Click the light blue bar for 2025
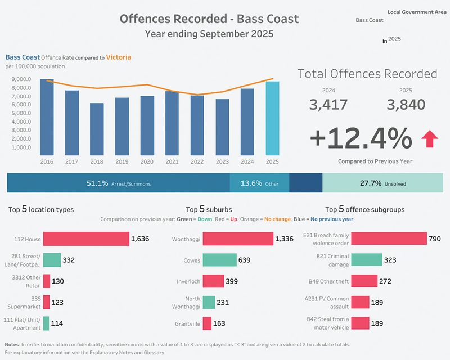click(x=273, y=118)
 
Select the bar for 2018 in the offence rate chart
click(x=97, y=129)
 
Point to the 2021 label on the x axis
click(x=172, y=161)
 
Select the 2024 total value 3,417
click(x=328, y=105)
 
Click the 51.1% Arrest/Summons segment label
click(x=119, y=183)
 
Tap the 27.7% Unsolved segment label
click(x=382, y=183)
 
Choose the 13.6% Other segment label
click(x=259, y=183)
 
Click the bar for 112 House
click(x=86, y=239)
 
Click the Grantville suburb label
click(x=187, y=323)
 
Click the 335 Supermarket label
click(x=28, y=302)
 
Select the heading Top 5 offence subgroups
click(x=365, y=209)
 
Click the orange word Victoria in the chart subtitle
click(x=118, y=57)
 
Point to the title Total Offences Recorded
click(x=367, y=74)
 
